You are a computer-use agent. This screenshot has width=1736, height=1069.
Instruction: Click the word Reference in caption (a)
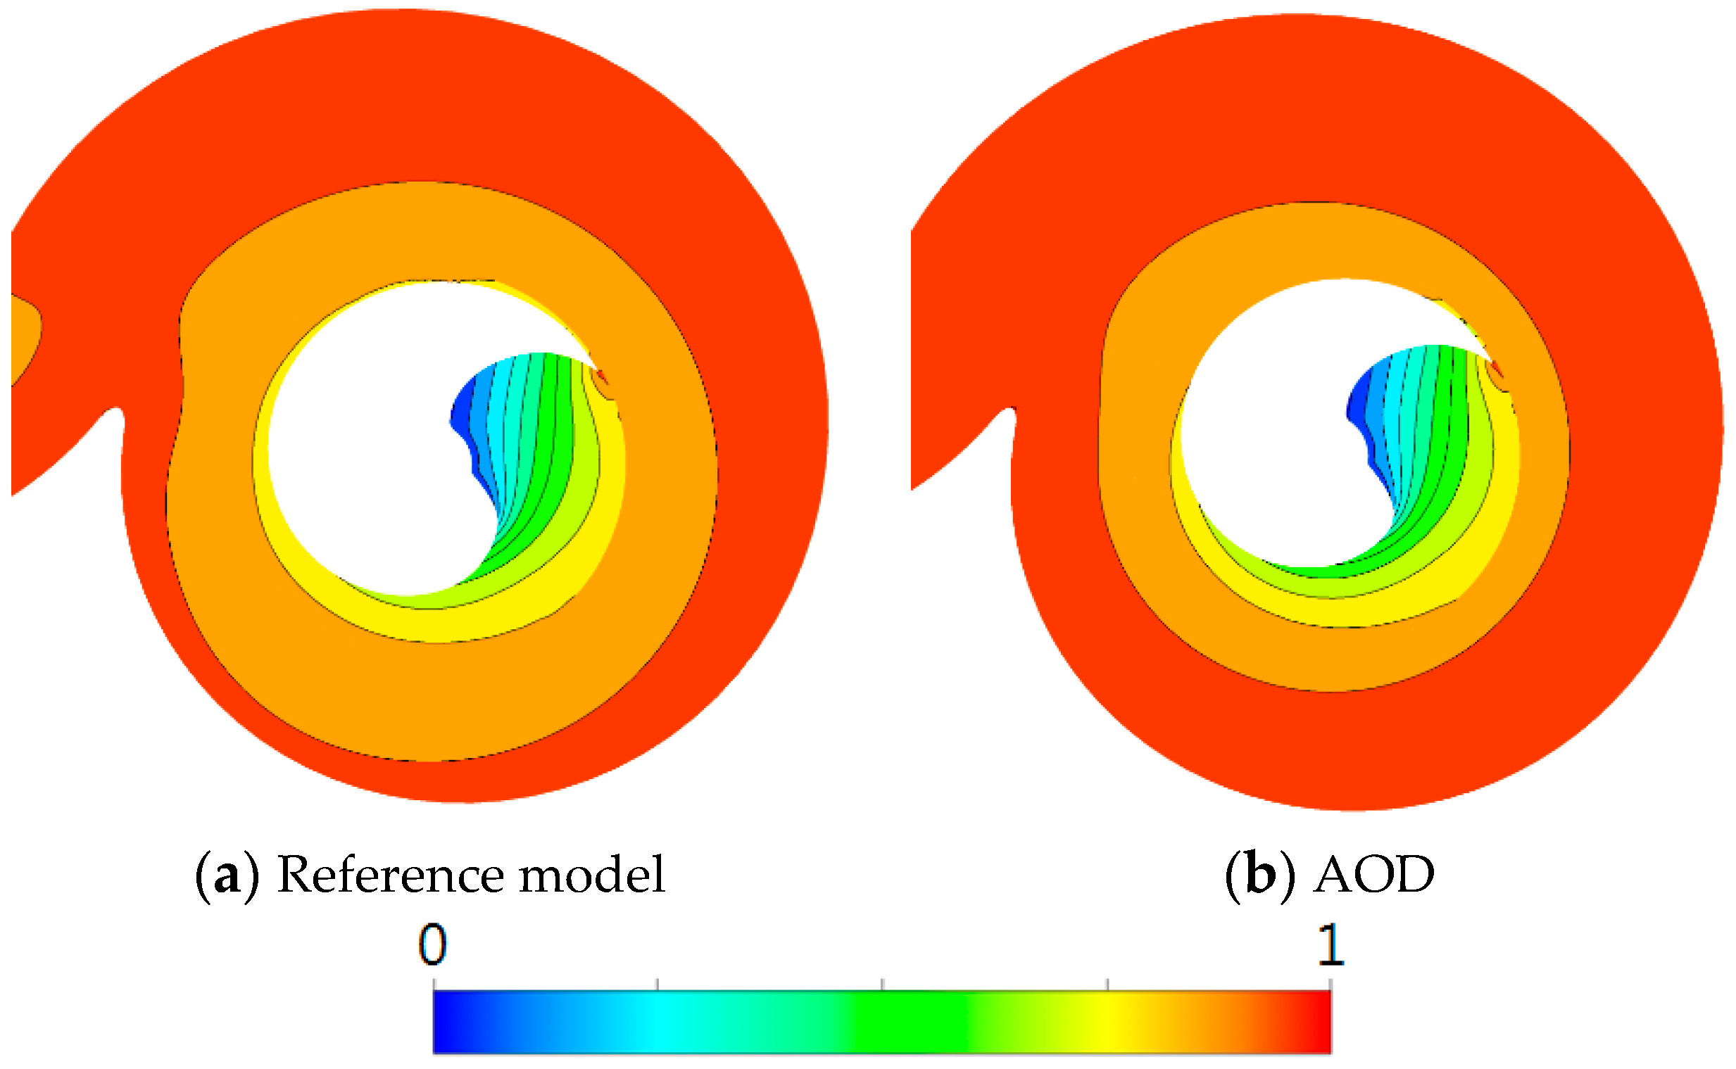[x=388, y=875]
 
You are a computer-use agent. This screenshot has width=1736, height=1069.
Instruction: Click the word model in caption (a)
[x=593, y=875]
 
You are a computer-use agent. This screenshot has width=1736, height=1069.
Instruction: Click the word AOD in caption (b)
[x=1374, y=875]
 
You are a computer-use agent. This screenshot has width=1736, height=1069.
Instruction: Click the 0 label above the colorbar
[x=432, y=944]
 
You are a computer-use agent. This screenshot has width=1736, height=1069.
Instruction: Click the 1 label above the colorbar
[x=1331, y=944]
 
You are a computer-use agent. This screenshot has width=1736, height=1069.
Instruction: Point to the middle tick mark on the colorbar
[x=882, y=984]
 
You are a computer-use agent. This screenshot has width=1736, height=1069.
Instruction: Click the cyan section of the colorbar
[x=658, y=1023]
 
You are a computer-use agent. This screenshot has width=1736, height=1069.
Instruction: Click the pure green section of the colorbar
[x=912, y=1023]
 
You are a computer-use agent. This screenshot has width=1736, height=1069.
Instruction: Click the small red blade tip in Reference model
[x=602, y=375]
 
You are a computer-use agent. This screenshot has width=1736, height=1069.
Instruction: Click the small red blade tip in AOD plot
[x=1497, y=368]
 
